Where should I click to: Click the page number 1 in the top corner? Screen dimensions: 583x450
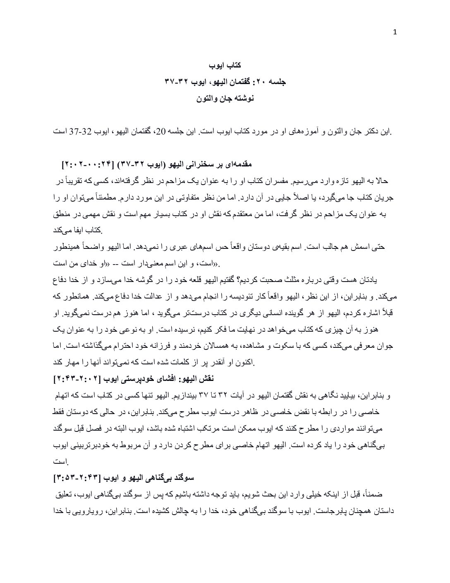(394, 34)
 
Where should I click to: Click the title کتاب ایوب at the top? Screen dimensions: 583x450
(225, 65)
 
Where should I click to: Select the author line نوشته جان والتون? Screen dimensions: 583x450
(225, 99)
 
